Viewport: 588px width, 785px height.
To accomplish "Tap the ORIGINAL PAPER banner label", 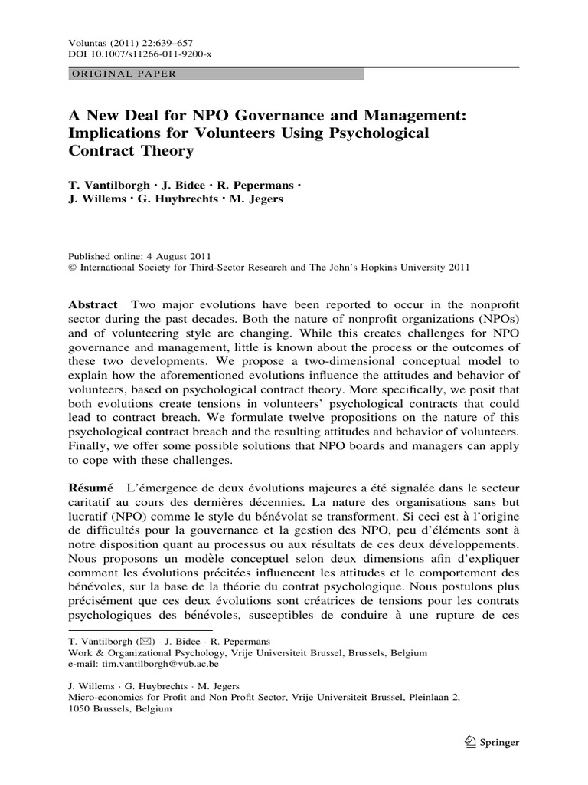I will click(x=123, y=74).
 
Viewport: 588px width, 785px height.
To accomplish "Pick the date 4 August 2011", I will click(x=178, y=256).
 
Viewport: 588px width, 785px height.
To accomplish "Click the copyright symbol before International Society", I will click(x=73, y=268).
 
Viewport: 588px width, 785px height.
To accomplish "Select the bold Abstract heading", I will click(x=93, y=304).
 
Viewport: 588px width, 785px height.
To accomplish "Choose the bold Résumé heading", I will click(x=91, y=487).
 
